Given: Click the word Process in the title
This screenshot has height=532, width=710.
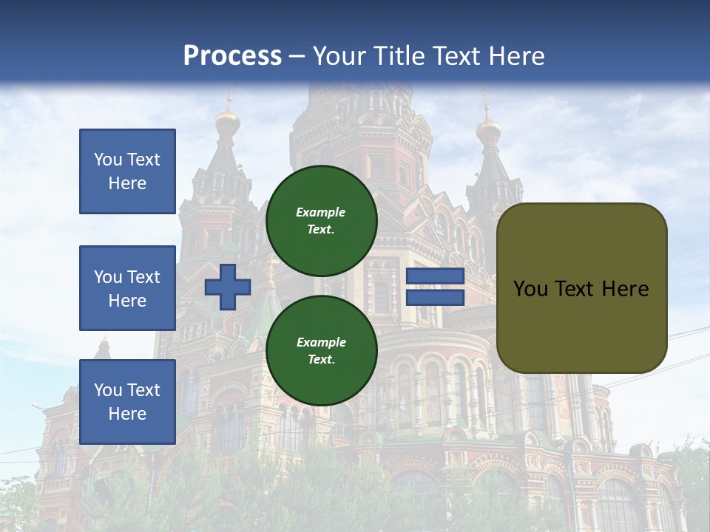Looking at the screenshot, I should (x=232, y=56).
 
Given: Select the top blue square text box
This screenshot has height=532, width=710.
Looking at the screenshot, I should (x=127, y=171).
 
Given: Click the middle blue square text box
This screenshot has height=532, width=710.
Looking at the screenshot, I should (x=127, y=288).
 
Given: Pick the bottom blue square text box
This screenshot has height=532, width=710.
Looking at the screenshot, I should (x=127, y=401).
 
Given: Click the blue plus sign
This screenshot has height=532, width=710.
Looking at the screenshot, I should (x=228, y=287).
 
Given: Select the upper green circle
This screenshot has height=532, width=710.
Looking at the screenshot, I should (x=321, y=220).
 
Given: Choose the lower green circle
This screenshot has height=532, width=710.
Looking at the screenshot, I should (x=321, y=350).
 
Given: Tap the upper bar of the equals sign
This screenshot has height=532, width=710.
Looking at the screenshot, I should (x=436, y=276).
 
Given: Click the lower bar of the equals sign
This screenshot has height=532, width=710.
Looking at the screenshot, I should (x=436, y=297).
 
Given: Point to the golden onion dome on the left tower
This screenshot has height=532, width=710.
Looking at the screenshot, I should (x=228, y=122).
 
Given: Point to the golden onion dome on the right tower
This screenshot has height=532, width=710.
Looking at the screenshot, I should (x=488, y=131).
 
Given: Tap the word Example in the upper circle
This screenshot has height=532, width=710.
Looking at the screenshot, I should (x=320, y=212).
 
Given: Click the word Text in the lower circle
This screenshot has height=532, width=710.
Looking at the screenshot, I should (x=320, y=360).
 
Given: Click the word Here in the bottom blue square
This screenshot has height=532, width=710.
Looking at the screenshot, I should (x=127, y=414).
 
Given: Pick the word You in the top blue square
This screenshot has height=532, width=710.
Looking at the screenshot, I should (x=106, y=160).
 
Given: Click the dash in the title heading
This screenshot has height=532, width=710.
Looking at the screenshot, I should (x=297, y=56).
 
